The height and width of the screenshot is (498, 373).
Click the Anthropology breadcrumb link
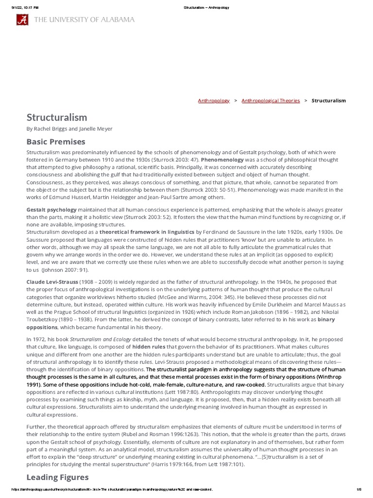coord(214,101)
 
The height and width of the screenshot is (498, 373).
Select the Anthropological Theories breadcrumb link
coord(271,101)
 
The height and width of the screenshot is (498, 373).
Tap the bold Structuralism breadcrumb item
coord(328,101)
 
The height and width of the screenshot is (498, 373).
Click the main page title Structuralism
coord(57,117)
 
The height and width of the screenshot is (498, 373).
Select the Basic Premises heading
coord(55,142)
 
